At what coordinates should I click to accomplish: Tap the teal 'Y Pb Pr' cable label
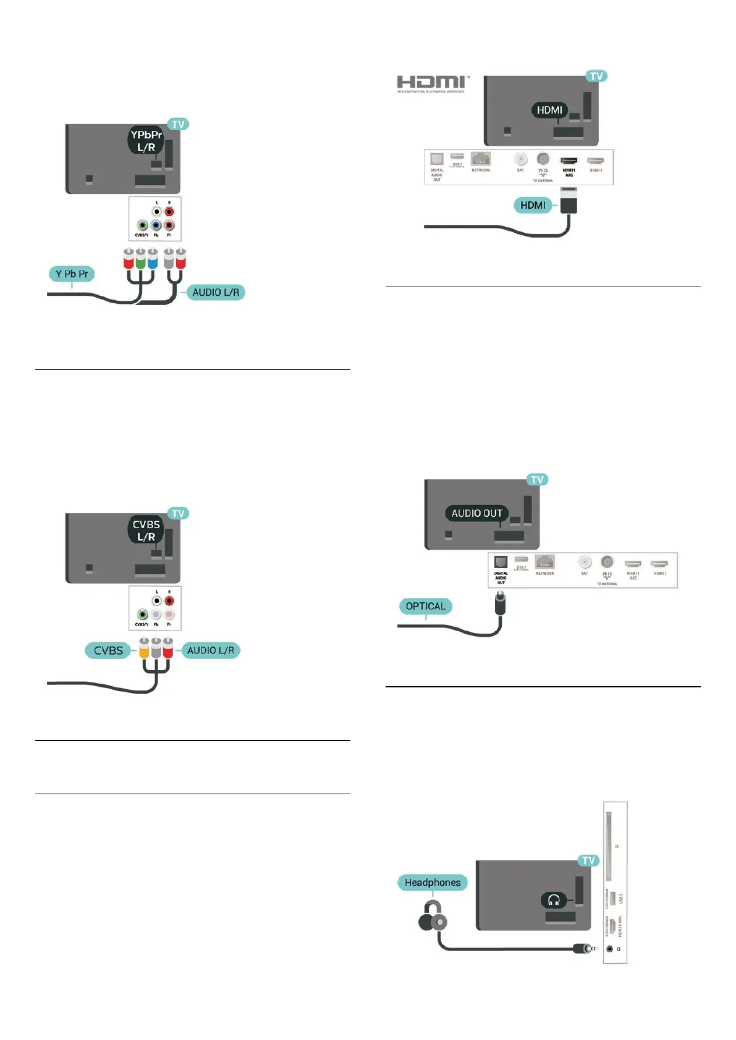click(72, 274)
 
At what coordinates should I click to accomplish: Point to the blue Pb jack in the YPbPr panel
click(156, 225)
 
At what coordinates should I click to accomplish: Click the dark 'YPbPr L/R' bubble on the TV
click(146, 141)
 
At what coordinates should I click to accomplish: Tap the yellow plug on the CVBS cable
click(144, 648)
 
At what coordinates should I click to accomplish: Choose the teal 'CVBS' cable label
click(108, 650)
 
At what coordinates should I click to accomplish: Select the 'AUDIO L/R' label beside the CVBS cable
click(210, 650)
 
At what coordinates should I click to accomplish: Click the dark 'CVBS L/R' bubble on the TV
click(146, 530)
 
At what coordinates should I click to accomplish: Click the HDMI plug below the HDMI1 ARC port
click(569, 201)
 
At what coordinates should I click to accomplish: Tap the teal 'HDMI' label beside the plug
click(533, 205)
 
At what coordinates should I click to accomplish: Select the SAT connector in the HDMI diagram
click(520, 159)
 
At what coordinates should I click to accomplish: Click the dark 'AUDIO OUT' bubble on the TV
click(476, 513)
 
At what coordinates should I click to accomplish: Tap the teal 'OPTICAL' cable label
click(425, 606)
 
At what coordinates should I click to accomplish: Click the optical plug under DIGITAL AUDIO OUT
click(501, 603)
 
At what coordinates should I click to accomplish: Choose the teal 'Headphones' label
click(433, 883)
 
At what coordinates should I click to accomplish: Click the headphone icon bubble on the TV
click(554, 900)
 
